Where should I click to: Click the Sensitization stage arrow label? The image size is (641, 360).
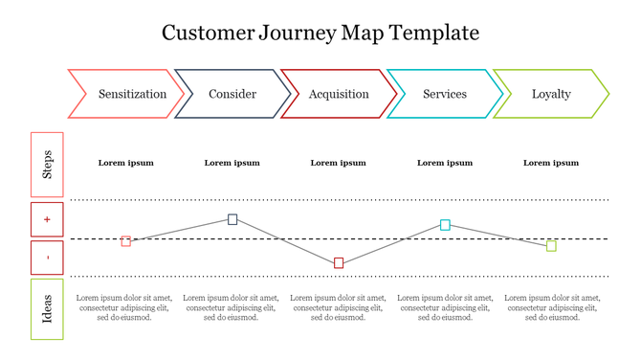pos(132,94)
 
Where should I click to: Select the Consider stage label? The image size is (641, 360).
pos(232,94)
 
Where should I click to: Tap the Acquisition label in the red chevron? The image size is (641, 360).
pos(339,94)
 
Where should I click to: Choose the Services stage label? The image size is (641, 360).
pos(445,94)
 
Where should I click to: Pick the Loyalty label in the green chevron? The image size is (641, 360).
pos(551,94)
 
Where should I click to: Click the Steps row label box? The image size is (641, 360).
pos(47,165)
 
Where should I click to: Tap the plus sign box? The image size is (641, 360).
pos(47,219)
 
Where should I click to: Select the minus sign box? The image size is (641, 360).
pos(47,258)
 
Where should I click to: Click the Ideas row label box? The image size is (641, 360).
pos(47,308)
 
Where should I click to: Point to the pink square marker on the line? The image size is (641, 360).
pos(126,241)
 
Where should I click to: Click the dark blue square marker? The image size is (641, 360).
pos(232,219)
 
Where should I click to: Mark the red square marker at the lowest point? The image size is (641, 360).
pos(339,263)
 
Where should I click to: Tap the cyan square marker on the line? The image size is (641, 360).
pos(445,225)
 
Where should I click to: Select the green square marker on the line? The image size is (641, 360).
pos(551,246)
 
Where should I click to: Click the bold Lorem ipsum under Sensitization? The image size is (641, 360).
pos(125,163)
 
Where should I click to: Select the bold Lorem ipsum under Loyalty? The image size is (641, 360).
pos(551,163)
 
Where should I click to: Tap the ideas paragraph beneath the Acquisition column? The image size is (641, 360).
pos(339,307)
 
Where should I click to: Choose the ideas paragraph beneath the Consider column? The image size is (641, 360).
pos(232,307)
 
